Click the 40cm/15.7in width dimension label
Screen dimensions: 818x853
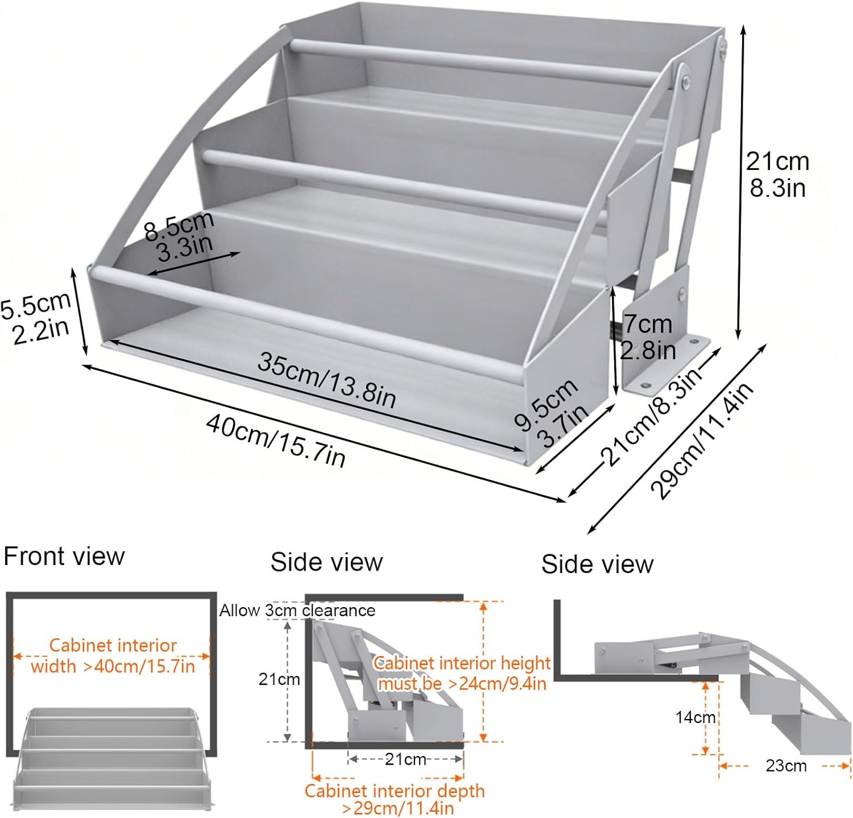pyautogui.click(x=276, y=441)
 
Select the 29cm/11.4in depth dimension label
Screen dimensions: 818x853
pyautogui.click(x=702, y=440)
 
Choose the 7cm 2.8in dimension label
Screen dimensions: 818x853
pyautogui.click(x=648, y=337)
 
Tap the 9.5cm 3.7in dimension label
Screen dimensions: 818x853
pyautogui.click(x=551, y=412)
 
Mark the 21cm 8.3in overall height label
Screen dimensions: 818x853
pyautogui.click(x=777, y=174)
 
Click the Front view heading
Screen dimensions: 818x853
pyautogui.click(x=64, y=556)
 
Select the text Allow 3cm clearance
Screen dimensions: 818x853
pyautogui.click(x=297, y=611)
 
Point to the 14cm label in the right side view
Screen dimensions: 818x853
pyautogui.click(x=695, y=717)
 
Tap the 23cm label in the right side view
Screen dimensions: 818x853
pyautogui.click(x=786, y=766)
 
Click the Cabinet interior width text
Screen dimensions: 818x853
pyautogui.click(x=113, y=655)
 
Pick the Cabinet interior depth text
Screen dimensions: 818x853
pyautogui.click(x=395, y=799)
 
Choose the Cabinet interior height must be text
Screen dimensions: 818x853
pyautogui.click(x=462, y=673)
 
